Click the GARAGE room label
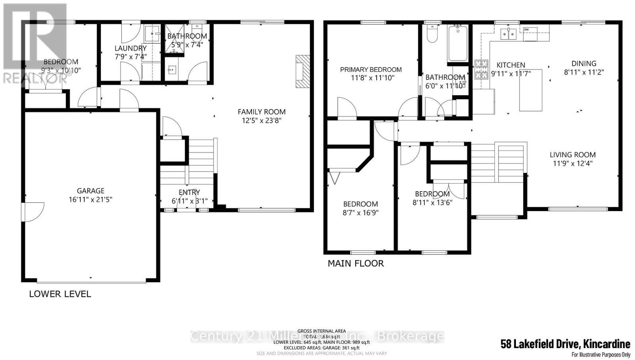(x=90, y=191)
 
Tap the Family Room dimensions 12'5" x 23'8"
(x=262, y=120)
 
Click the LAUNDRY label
(x=131, y=48)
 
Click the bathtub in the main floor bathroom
(x=458, y=44)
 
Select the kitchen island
(x=531, y=90)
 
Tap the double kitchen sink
(x=508, y=35)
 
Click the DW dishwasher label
(x=526, y=29)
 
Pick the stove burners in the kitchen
(x=481, y=69)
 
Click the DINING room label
(x=584, y=63)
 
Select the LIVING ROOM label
(x=573, y=155)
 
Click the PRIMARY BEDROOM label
(x=371, y=69)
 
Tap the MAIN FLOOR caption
(x=356, y=263)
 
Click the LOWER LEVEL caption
(x=60, y=294)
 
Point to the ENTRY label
(x=189, y=193)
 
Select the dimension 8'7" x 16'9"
(x=360, y=212)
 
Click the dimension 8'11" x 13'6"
(x=432, y=202)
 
